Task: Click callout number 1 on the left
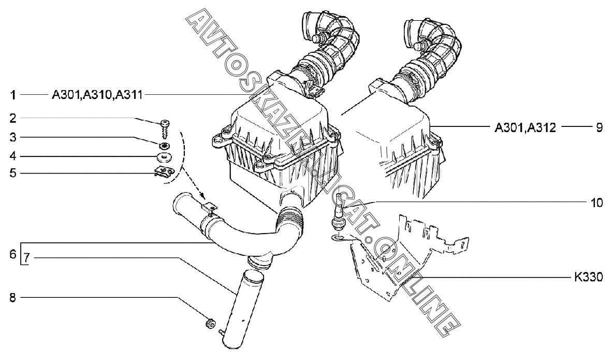tap(13, 95)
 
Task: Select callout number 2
tap(13, 118)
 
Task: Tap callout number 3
tap(13, 137)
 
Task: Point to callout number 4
tap(13, 156)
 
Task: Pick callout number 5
tap(13, 172)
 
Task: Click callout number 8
tap(13, 298)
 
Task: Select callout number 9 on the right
tap(599, 127)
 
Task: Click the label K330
tap(588, 277)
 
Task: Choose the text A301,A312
tap(525, 127)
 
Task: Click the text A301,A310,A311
tap(97, 95)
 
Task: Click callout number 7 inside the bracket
tap(26, 258)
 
